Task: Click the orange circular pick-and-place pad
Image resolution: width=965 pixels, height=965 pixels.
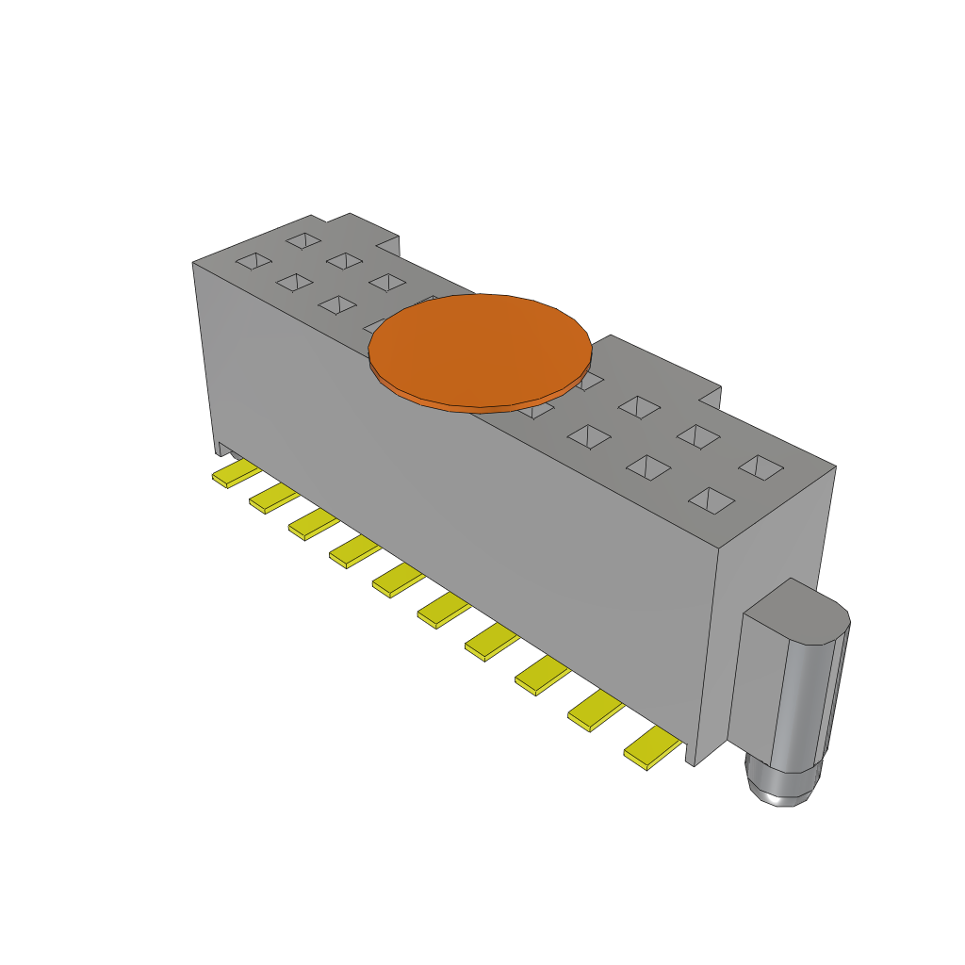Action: coord(481,347)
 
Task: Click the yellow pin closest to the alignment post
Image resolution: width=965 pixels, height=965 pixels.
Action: coord(653,747)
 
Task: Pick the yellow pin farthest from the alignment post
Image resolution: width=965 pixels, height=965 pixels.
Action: coord(236,473)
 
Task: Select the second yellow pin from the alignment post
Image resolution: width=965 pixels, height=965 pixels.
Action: coord(596,711)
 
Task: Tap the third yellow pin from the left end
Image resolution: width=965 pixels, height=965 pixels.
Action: coord(314,524)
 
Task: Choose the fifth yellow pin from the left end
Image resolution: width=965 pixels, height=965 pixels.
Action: coord(397,579)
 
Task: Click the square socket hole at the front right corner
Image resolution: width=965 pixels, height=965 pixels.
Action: coord(713,499)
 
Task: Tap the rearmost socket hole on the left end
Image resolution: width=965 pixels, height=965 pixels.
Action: coord(303,240)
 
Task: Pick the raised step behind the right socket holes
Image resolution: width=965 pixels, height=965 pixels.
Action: coord(660,363)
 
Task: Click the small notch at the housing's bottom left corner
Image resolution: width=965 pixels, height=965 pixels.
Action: coord(223,448)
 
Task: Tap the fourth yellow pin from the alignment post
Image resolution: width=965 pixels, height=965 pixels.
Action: coord(493,644)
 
